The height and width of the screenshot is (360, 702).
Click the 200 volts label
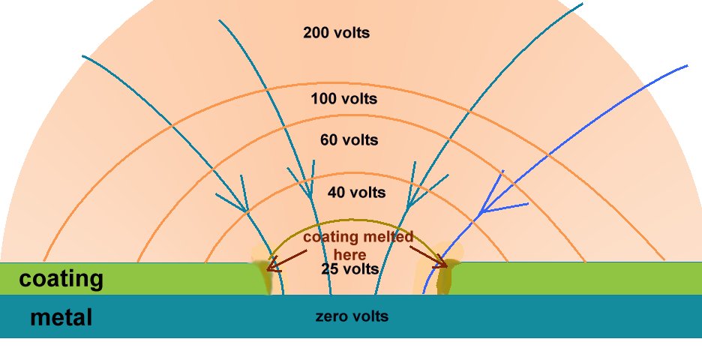pyautogui.click(x=336, y=33)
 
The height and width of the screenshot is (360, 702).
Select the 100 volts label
pyautogui.click(x=343, y=99)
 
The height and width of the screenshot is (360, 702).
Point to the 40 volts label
pyautogui.click(x=356, y=193)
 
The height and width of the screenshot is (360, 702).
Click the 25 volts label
pyautogui.click(x=350, y=268)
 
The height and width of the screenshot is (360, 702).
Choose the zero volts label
pyautogui.click(x=352, y=316)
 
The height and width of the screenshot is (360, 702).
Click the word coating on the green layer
pyautogui.click(x=61, y=279)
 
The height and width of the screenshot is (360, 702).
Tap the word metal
pyautogui.click(x=61, y=318)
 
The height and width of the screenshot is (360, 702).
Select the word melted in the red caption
pyautogui.click(x=387, y=237)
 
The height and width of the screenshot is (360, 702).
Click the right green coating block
pyautogui.click(x=577, y=278)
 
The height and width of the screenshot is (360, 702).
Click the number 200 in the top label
pyautogui.click(x=315, y=33)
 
